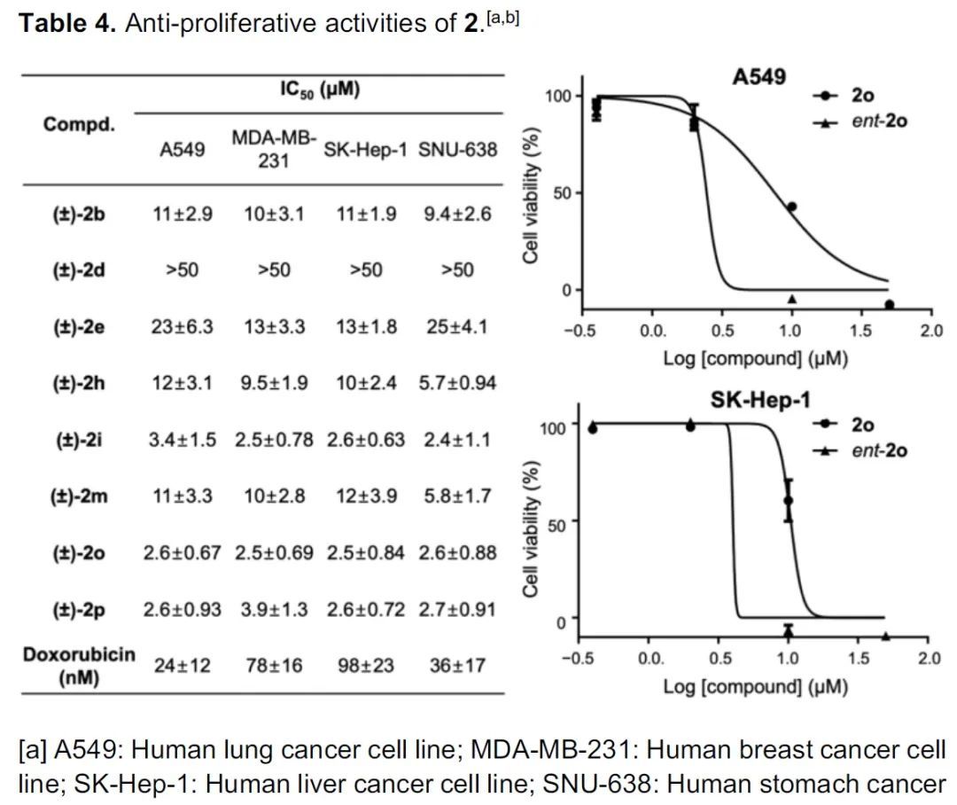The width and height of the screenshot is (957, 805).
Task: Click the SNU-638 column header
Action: pyautogui.click(x=457, y=150)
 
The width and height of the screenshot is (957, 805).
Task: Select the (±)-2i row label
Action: pyautogui.click(x=79, y=440)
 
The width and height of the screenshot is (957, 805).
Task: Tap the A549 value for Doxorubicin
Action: pyautogui.click(x=183, y=665)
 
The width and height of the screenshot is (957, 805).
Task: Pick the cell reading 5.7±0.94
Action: pyautogui.click(x=457, y=383)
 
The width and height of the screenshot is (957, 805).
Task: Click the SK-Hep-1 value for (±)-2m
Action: pyautogui.click(x=365, y=496)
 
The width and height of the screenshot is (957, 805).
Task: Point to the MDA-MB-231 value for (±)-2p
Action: pyautogui.click(x=274, y=609)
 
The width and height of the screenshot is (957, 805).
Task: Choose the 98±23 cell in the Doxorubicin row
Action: pyautogui.click(x=365, y=665)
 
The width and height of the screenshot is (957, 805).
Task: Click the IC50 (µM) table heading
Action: pyautogui.click(x=319, y=90)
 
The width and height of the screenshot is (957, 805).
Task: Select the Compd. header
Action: pyautogui.click(x=79, y=123)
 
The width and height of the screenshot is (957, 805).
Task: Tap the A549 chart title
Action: pyautogui.click(x=759, y=77)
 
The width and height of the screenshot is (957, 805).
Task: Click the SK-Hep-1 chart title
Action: pyautogui.click(x=759, y=400)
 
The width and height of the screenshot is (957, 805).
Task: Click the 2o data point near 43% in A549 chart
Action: pyautogui.click(x=791, y=207)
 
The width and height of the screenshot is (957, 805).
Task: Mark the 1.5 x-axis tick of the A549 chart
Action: pyautogui.click(x=860, y=332)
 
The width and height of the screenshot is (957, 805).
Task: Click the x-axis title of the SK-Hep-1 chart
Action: pyautogui.click(x=755, y=686)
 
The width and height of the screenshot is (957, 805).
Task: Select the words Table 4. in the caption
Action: pyautogui.click(x=67, y=23)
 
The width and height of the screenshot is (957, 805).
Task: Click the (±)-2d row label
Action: pyautogui.click(x=79, y=270)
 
